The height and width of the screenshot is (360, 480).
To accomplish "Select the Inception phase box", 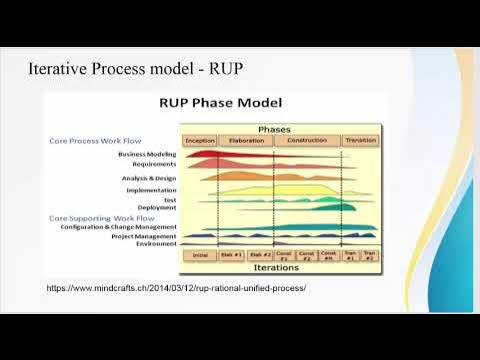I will click(200, 141).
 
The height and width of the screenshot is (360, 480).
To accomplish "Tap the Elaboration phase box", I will click(246, 141).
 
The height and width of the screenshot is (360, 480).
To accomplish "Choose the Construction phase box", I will click(306, 141).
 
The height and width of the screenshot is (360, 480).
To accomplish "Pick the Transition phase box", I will click(359, 141).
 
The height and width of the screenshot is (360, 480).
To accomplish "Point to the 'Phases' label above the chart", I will click(274, 129).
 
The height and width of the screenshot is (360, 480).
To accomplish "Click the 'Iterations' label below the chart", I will click(275, 268).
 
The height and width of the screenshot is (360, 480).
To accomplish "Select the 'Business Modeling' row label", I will click(147, 155).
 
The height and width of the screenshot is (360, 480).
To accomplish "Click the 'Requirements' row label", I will click(155, 164).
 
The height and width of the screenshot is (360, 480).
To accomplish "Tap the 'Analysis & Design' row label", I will click(149, 178).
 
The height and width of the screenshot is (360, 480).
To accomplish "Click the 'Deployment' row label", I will click(158, 208).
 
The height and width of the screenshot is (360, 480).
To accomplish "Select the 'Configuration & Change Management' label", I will click(121, 227).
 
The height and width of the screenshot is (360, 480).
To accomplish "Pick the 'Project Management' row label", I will click(146, 236).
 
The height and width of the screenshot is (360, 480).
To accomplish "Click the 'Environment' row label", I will click(156, 244).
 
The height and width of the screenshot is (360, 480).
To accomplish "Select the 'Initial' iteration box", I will click(198, 255).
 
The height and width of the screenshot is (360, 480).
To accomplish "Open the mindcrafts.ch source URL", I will click(176, 288).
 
